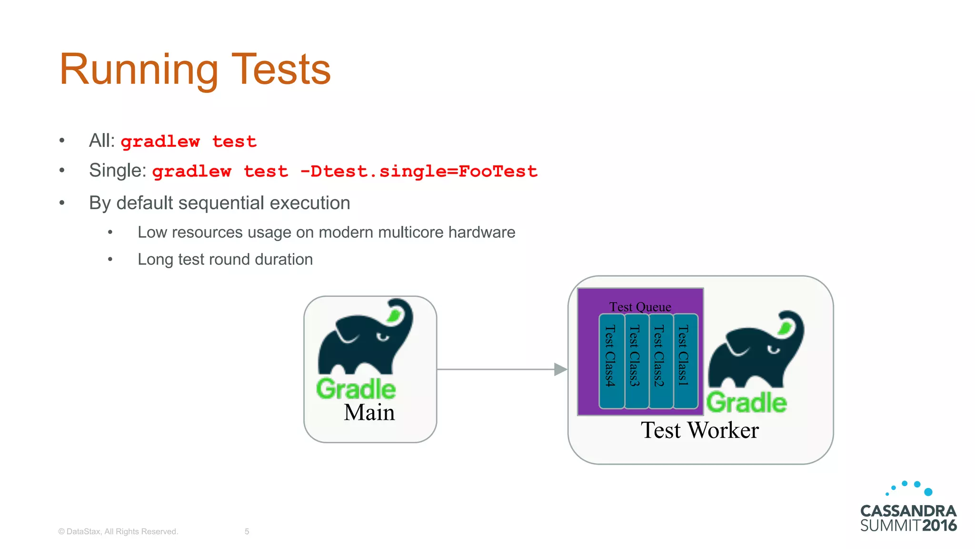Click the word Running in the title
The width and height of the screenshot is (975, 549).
coord(139,70)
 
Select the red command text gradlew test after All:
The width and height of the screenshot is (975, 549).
coord(189,142)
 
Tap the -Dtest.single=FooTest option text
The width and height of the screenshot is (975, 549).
coord(418,171)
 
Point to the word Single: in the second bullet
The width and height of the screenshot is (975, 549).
coord(118,170)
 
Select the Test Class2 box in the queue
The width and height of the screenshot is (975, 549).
coord(661,361)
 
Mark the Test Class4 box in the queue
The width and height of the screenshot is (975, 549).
coord(611,361)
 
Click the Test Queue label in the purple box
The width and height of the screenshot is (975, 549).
coord(640,306)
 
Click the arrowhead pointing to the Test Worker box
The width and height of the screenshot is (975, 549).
coord(560,369)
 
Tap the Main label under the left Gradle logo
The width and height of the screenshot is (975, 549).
coord(369,412)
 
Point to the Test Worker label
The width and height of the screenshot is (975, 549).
coord(700,430)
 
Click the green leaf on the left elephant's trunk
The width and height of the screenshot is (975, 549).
coord(395,315)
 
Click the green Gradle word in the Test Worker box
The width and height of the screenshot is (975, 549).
coord(746,403)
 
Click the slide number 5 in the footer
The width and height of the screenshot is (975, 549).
coord(247,531)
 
